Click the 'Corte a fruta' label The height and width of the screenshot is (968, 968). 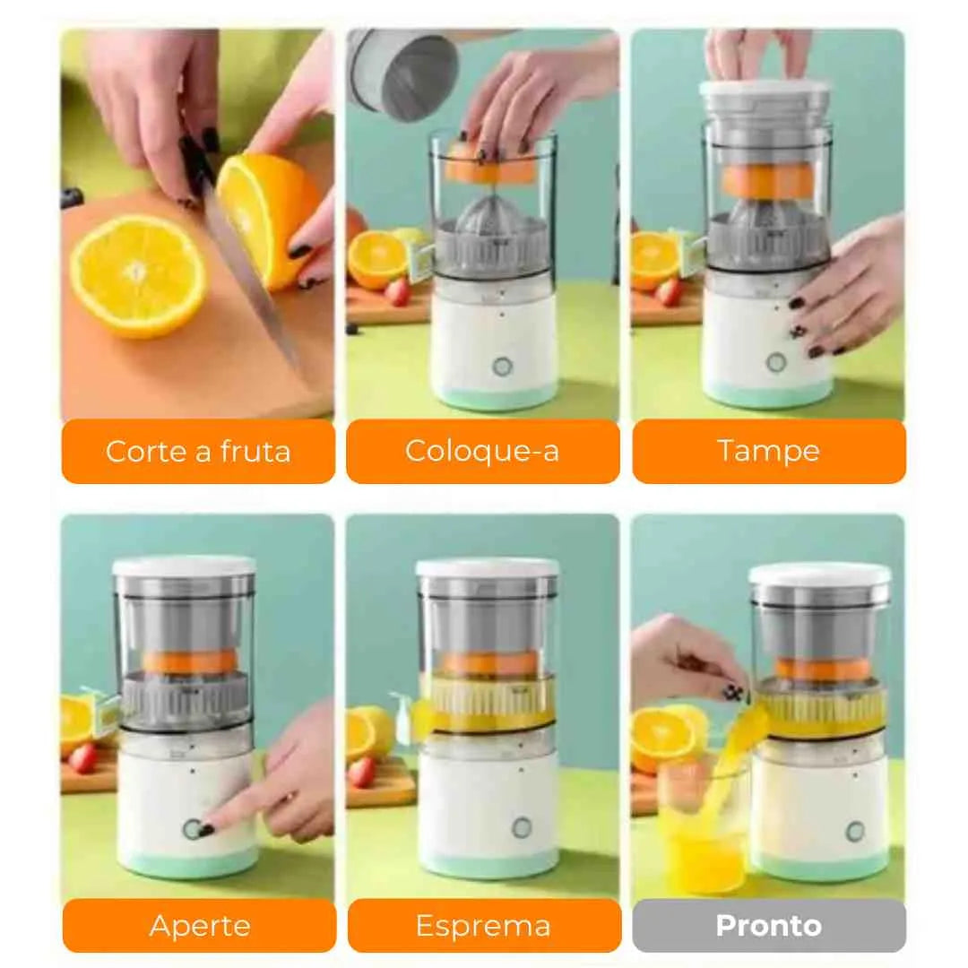198,451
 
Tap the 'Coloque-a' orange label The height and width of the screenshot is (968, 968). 482,451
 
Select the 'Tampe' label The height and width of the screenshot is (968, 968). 768,451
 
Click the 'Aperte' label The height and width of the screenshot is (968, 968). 199,925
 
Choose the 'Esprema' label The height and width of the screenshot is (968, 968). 483,925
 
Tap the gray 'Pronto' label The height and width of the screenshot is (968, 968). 768,925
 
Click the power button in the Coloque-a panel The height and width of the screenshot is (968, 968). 501,367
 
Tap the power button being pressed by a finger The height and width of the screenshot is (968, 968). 193,829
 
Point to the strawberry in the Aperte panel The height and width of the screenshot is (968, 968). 83,758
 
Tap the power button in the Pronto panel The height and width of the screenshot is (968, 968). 854,831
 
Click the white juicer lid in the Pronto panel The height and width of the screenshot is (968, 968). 819,574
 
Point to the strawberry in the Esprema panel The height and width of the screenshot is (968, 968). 362,772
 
